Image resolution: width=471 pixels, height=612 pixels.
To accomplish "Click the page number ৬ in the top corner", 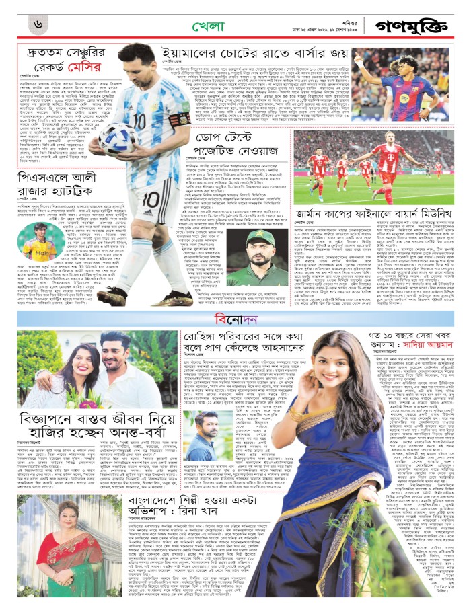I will (39, 24).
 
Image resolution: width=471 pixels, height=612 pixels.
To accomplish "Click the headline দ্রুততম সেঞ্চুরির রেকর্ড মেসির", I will (63, 61).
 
